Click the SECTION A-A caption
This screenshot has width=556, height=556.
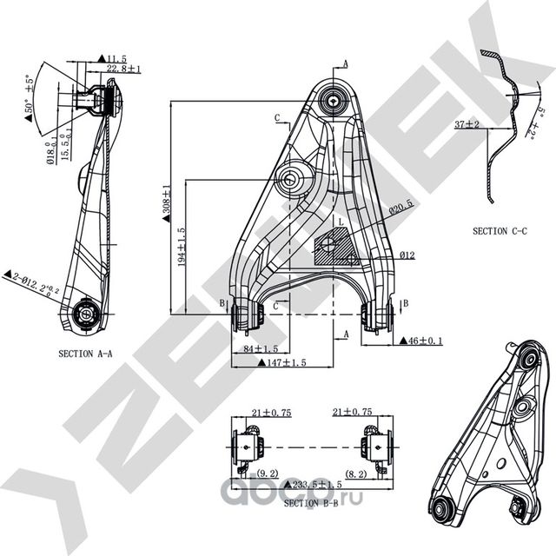coord(87,354)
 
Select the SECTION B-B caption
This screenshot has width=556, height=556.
coord(312,503)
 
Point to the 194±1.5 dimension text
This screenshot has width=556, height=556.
coord(181,247)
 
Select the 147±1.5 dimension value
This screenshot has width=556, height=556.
coord(276,363)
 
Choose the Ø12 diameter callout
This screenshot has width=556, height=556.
coord(408,255)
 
